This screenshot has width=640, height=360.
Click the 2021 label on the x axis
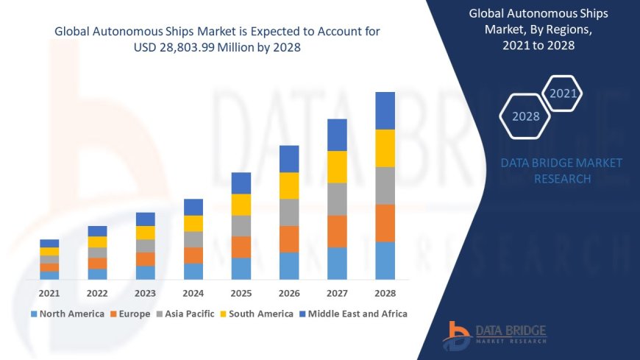[49, 293]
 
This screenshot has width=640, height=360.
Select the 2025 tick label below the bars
[241, 293]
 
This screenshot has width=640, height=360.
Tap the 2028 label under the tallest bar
[385, 293]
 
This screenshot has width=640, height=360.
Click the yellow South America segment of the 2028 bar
[385, 148]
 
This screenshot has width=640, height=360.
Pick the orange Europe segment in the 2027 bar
[337, 231]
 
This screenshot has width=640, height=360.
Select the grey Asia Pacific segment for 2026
[289, 212]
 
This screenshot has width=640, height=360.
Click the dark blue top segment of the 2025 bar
[241, 183]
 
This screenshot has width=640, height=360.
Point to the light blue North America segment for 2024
[193, 271]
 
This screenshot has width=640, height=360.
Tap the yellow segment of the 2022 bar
[97, 241]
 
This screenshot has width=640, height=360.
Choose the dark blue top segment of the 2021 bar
[49, 243]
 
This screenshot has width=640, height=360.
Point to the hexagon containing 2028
[525, 116]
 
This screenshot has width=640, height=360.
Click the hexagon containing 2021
[563, 93]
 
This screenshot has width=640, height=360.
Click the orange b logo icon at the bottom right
[457, 335]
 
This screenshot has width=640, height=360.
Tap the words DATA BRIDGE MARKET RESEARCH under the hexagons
[561, 171]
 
